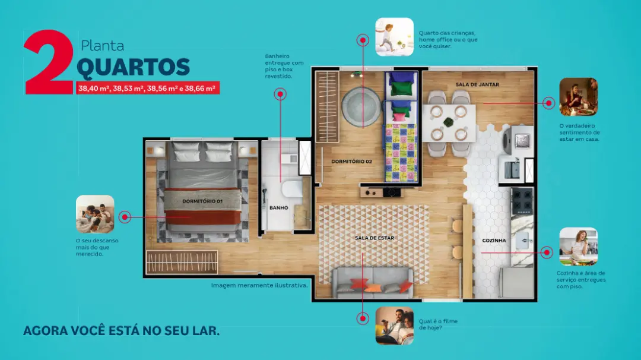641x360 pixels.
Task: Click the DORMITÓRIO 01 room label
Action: pos(202,201)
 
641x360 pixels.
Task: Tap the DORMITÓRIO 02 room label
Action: pos(351,162)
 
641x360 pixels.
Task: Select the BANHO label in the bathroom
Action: pos(279,208)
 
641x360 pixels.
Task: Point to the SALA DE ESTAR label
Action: pos(375,238)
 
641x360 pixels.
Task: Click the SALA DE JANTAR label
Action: pos(477,85)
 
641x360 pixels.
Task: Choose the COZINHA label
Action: pos(494,241)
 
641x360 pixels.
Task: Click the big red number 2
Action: pos(49,62)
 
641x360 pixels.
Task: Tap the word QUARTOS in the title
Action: pos(134,68)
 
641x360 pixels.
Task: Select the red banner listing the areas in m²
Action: pos(148,88)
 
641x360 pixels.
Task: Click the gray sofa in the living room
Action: pos(372,282)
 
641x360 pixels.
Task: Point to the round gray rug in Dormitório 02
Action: pos(362,107)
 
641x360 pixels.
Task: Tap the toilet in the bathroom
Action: pos(293,189)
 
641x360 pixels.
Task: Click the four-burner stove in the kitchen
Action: pos(522,200)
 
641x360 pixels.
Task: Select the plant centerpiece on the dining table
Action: pos(449,122)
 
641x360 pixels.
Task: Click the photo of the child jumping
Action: pos(395,37)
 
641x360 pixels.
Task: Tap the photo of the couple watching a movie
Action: pos(395,326)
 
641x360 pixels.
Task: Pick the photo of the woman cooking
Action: pos(579,247)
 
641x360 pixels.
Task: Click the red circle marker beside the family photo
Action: pos(125,217)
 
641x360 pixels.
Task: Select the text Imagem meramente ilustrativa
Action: pos(259,286)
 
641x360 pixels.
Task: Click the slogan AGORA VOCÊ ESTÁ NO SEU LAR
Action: pos(122,330)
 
